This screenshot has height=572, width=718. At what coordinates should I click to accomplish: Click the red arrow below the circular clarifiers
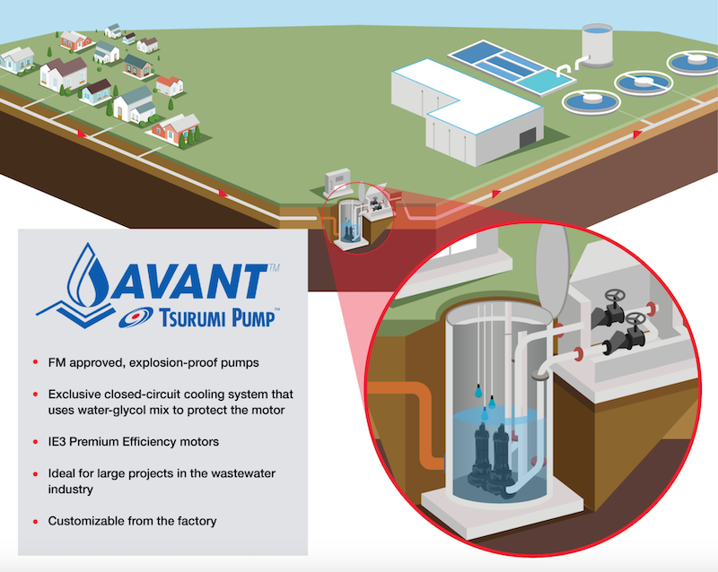pyautogui.click(x=637, y=134)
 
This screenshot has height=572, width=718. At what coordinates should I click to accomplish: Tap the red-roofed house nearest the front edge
pyautogui.click(x=174, y=129)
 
